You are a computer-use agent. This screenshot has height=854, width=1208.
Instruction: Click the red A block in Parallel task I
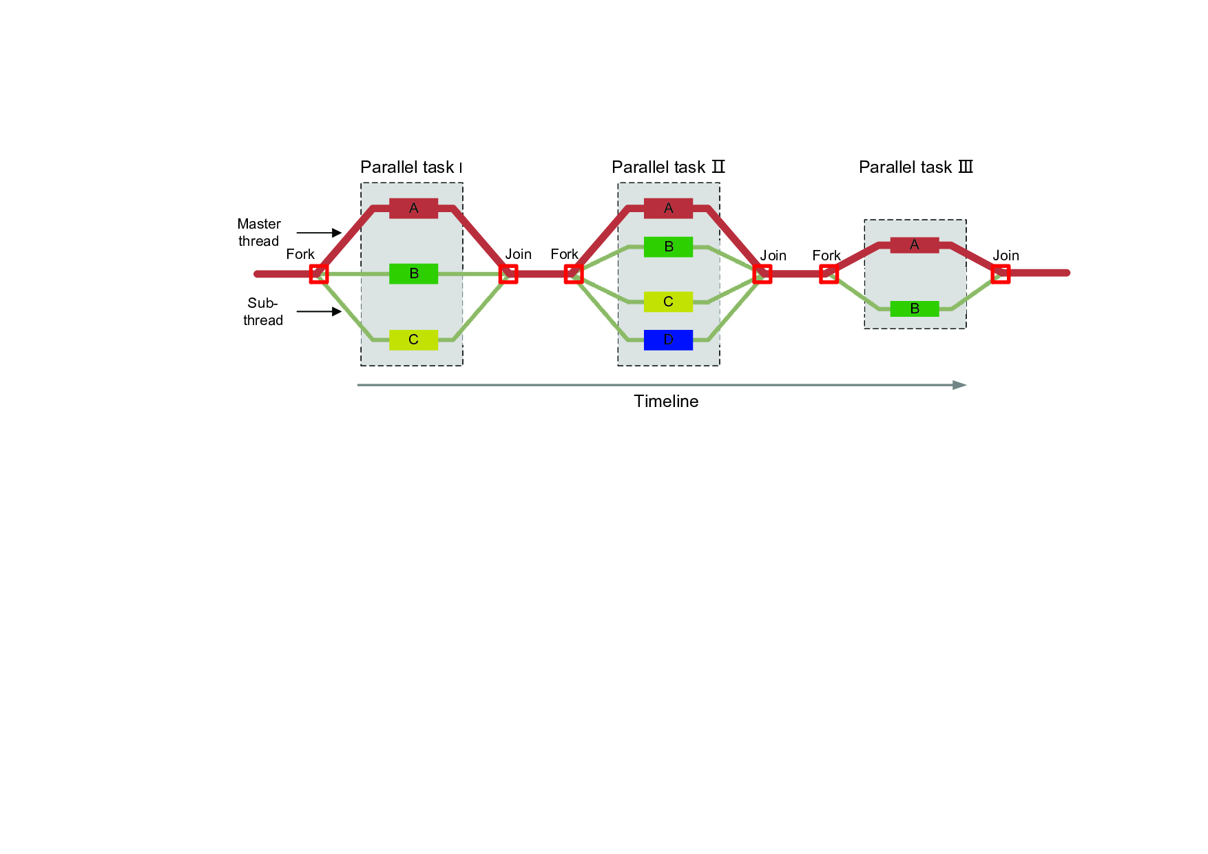[x=413, y=208]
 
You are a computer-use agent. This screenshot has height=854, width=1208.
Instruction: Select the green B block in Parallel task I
[x=413, y=273]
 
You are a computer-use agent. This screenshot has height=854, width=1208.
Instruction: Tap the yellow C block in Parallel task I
[x=413, y=340]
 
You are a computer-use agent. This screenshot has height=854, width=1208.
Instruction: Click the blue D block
[x=668, y=340]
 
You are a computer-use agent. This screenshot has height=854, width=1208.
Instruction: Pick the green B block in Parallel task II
[x=668, y=247]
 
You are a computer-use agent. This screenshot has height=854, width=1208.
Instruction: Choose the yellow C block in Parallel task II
[x=668, y=302]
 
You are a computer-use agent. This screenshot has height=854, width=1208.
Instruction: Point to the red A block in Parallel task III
[x=914, y=244]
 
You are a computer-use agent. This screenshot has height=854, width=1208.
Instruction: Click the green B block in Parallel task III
[x=914, y=309]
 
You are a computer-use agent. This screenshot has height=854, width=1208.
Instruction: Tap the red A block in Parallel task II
[x=668, y=208]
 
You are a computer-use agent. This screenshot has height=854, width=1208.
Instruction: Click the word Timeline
[x=666, y=402]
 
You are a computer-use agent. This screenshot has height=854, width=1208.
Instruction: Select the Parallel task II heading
[x=668, y=167]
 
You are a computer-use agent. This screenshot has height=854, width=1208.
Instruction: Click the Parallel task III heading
[x=915, y=167]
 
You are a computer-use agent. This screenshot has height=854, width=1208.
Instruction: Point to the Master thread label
[x=259, y=233]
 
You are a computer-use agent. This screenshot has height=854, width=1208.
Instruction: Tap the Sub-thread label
[x=263, y=311]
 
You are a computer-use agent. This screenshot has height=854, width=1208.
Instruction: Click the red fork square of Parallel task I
[x=318, y=274]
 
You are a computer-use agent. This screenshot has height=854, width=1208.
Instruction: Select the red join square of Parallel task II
[x=762, y=274]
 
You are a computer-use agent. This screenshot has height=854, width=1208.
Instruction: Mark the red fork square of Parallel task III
[x=829, y=274]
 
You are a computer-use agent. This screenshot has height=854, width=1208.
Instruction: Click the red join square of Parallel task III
[x=1000, y=274]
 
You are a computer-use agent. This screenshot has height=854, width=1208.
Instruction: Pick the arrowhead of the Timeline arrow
[x=959, y=385]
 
